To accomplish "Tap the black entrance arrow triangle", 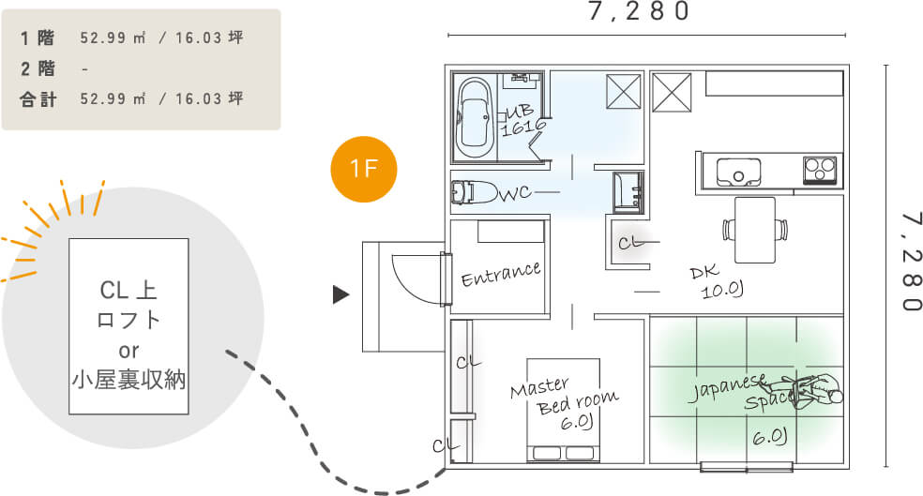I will coord(341,295).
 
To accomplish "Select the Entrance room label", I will coord(501,273).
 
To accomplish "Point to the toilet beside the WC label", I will coord(475,191).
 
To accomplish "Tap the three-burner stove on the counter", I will coord(820,170).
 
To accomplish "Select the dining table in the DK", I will coord(755,229).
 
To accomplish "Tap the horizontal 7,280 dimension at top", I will coord(640,12).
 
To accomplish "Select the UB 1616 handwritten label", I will coord(522,121).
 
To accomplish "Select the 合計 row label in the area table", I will coord(38,98).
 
